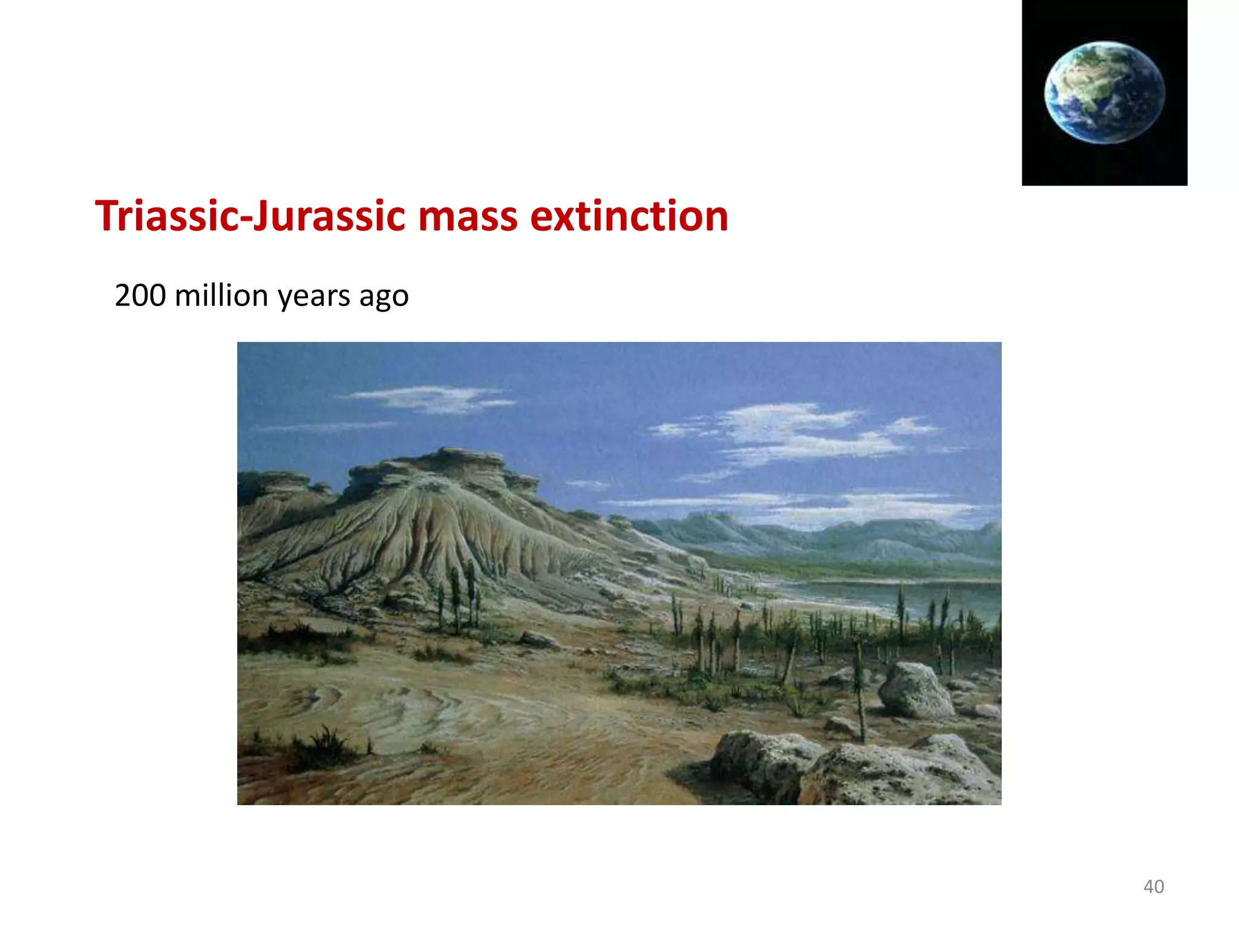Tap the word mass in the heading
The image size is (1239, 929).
(468, 217)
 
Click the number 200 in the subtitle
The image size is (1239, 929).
(140, 296)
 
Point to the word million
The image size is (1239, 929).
(221, 296)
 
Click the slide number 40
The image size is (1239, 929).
(1153, 887)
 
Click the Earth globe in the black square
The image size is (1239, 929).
(1104, 92)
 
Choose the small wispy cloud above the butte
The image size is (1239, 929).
(427, 399)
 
